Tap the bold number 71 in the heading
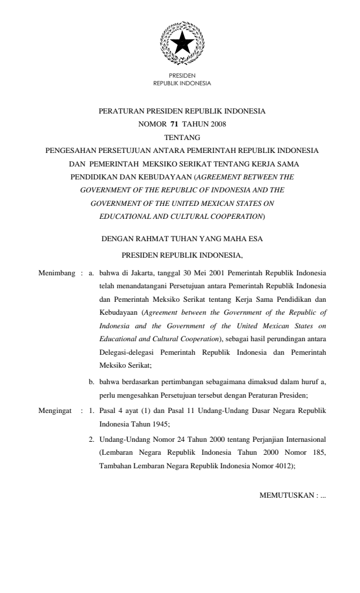pyautogui.click(x=175, y=124)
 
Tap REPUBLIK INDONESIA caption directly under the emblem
pyautogui.click(x=182, y=83)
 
